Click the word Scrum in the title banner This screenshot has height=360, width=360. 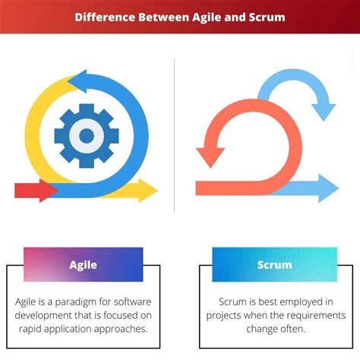(x=263, y=17)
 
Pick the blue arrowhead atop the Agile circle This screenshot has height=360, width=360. (x=76, y=81)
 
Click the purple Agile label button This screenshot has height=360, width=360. (x=84, y=265)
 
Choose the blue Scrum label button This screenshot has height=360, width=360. (x=274, y=265)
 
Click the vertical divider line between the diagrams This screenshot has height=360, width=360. (x=175, y=137)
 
